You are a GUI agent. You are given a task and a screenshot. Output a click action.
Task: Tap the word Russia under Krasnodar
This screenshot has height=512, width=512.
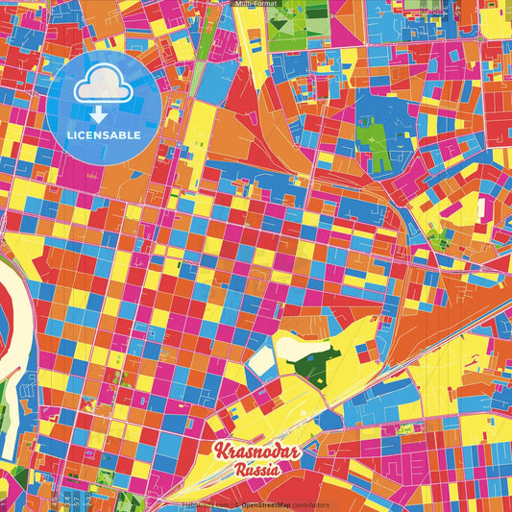[x=256, y=471]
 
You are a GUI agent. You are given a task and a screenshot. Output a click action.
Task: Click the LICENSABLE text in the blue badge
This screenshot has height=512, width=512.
[x=105, y=134]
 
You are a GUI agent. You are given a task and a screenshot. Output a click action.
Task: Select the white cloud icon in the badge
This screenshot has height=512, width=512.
[x=104, y=89]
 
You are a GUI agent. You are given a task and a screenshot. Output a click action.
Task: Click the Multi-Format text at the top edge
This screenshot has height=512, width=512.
[x=256, y=4]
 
